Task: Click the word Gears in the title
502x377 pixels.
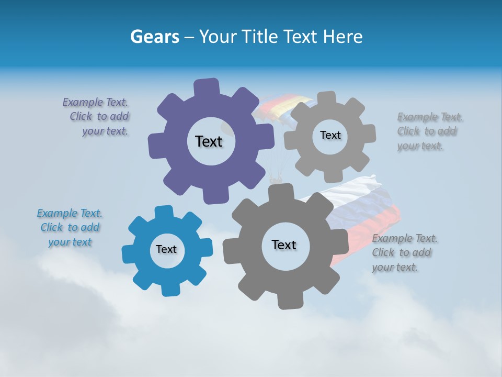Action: (x=155, y=37)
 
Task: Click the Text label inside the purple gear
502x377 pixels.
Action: (x=209, y=141)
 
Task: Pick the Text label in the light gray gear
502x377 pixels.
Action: (x=330, y=135)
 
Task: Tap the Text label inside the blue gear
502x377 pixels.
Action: (x=166, y=249)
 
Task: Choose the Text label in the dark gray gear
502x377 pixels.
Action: (x=284, y=245)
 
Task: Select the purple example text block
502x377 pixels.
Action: (x=97, y=117)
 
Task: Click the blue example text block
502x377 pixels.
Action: (x=70, y=227)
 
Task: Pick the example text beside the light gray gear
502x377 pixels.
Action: (x=429, y=131)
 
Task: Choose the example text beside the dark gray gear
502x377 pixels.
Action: (x=404, y=252)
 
